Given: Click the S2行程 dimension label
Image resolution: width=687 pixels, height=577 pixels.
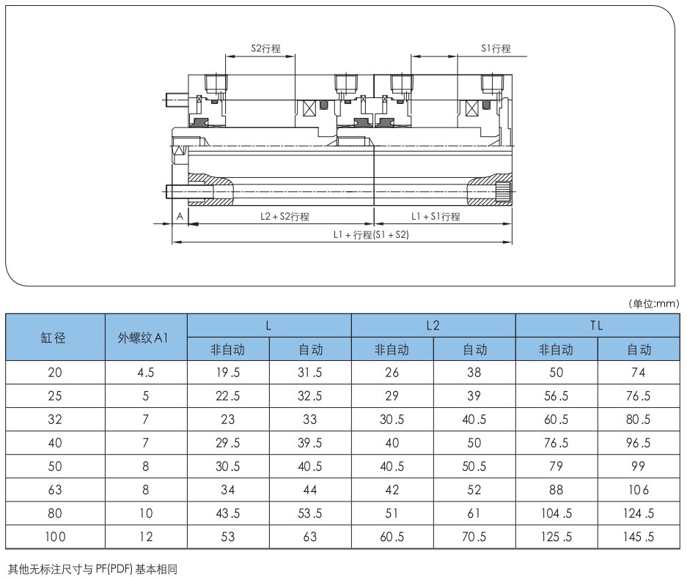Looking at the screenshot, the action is coord(266,48).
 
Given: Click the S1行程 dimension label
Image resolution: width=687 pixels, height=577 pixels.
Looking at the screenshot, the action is coord(496,48).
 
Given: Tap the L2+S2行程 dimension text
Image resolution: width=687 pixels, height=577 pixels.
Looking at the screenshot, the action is coord(284,216).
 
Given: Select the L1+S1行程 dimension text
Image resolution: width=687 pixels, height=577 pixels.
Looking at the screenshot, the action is coord(436,216).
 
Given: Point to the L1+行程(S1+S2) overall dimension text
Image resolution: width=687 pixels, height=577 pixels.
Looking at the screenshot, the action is coord(371,234).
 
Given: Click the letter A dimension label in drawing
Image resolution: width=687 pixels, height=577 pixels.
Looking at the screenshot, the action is coord(180,216).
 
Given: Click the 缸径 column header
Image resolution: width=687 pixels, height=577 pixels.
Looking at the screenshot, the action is coord(54,338).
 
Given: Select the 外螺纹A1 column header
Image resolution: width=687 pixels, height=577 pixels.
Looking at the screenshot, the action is coord(143,338).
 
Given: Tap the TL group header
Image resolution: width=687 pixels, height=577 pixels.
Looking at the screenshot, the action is coord(597,325).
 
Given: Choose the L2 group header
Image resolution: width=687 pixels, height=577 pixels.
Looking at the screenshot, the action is coord(433,325).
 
